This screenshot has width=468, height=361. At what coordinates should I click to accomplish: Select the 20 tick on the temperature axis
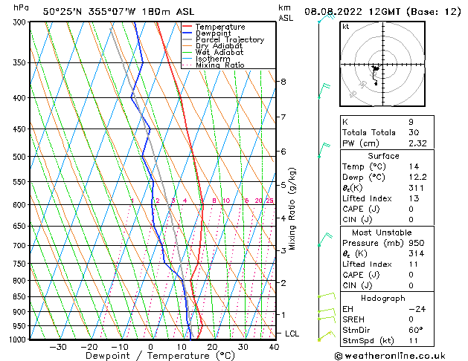[212, 346]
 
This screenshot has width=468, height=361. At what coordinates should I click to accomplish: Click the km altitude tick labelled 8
[283, 81]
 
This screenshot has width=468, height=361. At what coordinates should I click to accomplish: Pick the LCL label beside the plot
[292, 334]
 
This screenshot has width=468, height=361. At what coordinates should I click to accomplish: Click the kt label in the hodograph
[345, 26]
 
